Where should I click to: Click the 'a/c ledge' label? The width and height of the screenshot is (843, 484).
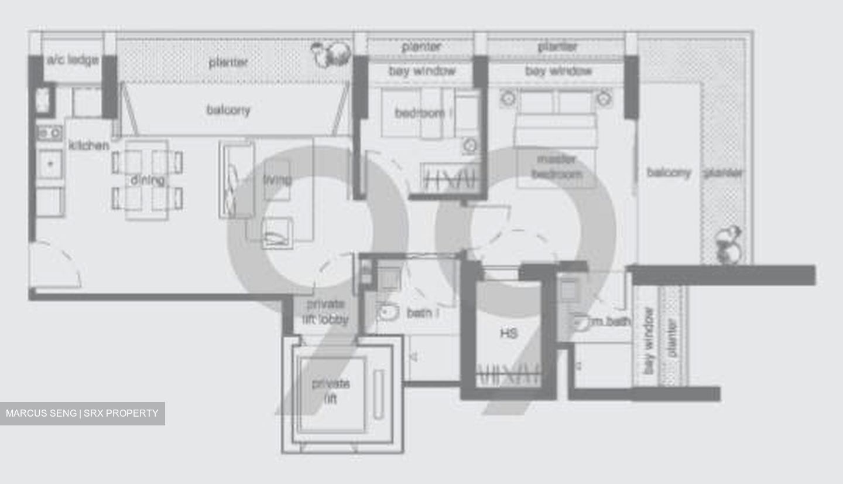[x=73, y=60]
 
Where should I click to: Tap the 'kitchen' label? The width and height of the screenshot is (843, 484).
[x=89, y=145]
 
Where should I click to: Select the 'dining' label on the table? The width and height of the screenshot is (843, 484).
[x=147, y=180]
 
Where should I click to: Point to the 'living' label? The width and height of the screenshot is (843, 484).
[x=277, y=179]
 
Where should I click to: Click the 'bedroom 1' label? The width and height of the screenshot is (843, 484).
[x=423, y=113]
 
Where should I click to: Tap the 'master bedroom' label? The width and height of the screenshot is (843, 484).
[x=556, y=166]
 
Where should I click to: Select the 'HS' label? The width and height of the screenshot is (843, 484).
[x=508, y=333]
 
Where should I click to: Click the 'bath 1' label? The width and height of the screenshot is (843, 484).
[x=423, y=313]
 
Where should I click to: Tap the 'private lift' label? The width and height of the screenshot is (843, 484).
[x=331, y=391]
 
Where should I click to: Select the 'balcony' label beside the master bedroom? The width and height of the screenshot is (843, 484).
[x=669, y=172]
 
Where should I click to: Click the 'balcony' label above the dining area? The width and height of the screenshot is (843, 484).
[x=228, y=110]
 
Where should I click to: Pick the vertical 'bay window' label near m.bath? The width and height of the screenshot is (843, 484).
[x=649, y=340]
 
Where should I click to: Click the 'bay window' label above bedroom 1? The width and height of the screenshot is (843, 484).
[x=421, y=71]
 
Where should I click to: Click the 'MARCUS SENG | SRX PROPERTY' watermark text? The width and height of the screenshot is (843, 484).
[x=82, y=413]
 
